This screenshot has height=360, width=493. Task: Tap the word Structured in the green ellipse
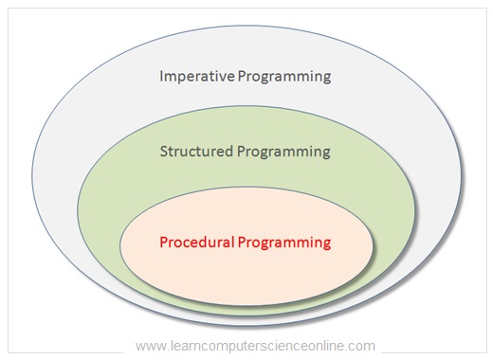click(199, 151)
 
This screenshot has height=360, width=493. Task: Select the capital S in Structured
click(164, 151)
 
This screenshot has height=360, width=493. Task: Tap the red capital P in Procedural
click(163, 243)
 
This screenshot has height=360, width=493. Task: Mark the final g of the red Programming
click(326, 244)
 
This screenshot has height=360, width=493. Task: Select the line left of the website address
click(66, 348)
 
